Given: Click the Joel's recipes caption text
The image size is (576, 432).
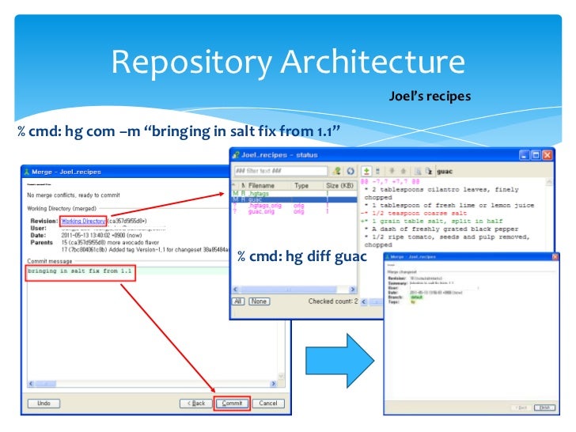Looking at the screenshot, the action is [430, 97].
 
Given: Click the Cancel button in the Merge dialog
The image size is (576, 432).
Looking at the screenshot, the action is [268, 403].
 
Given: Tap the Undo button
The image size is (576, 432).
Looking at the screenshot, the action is [44, 403].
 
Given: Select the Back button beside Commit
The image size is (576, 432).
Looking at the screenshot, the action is [197, 403].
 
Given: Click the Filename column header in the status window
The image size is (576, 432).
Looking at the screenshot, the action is [266, 185].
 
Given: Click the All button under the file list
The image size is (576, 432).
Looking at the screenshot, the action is [238, 301].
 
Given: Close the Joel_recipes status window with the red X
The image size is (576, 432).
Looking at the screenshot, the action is [547, 155].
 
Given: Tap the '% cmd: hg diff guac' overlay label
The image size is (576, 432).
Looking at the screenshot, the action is [301, 256].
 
